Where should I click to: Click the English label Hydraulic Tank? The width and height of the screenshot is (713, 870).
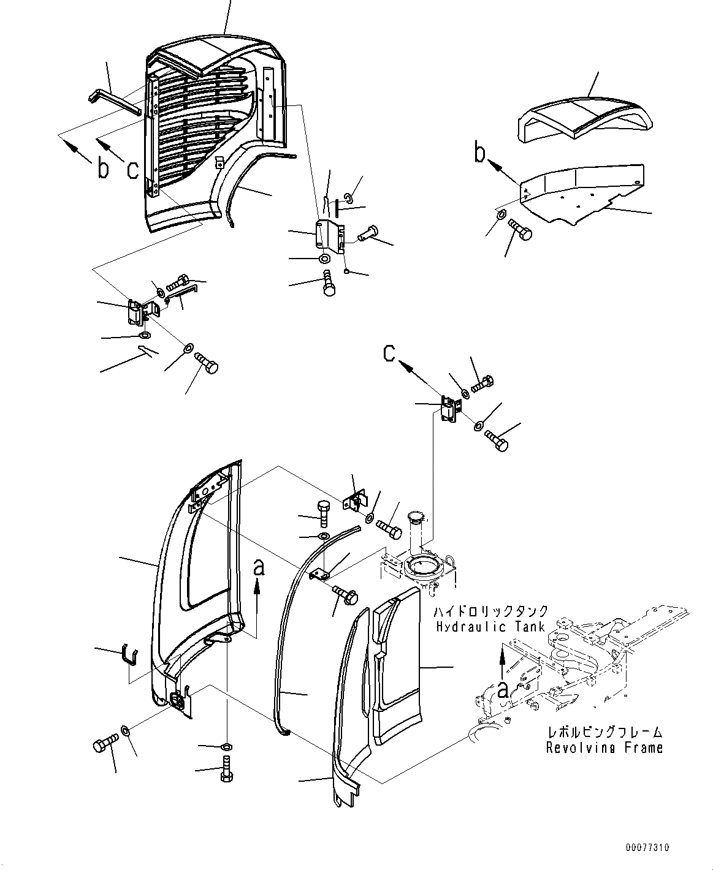[x=490, y=627]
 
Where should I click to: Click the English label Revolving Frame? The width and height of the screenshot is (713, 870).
[x=604, y=747]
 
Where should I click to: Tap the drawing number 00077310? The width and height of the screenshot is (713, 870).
[x=647, y=848]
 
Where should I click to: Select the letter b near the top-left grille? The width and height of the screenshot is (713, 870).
[x=103, y=168]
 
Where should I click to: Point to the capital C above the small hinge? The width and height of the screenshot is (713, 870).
[x=390, y=354]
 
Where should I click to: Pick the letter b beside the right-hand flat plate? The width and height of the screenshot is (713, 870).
[x=480, y=153]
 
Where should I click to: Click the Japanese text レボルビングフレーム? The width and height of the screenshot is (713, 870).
[x=604, y=732]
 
